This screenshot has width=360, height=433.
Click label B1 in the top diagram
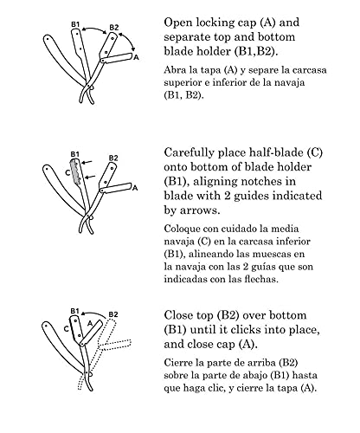pos(75,24)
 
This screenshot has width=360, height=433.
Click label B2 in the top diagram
pos(114,28)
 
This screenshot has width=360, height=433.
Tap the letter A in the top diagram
pos(137,57)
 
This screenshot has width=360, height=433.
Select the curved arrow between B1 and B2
pos(94,29)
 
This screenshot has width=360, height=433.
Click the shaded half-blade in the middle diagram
pos(76,171)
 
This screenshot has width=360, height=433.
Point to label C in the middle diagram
pos(67,172)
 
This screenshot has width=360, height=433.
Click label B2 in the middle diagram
pos(113,158)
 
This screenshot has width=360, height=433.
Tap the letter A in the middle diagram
pos(135,188)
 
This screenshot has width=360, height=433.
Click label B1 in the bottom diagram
pos(74,311)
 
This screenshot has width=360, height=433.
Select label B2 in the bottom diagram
pos(113,314)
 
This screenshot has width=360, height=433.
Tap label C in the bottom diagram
pos(66,329)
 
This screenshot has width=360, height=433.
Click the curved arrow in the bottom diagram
pos(93,313)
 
